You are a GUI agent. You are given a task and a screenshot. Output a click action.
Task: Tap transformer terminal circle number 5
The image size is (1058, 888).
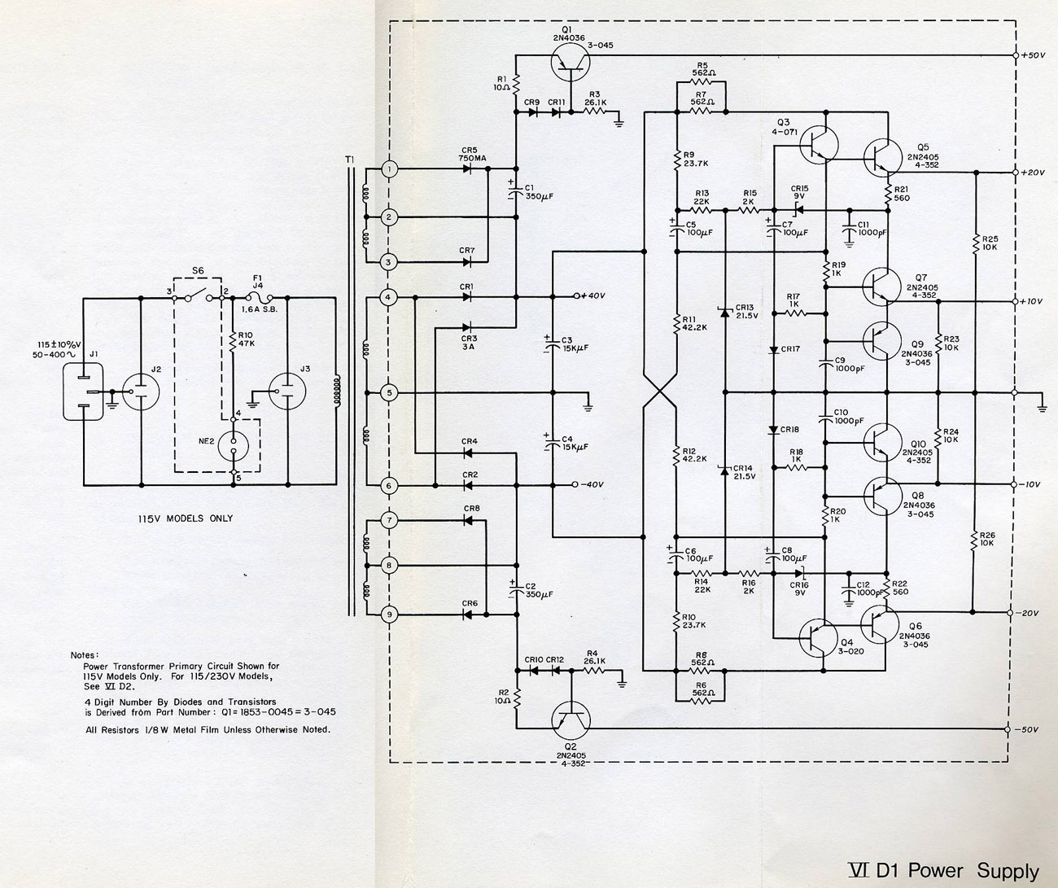point(390,393)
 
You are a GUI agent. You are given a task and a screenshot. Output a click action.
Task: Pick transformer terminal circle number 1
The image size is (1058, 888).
point(390,169)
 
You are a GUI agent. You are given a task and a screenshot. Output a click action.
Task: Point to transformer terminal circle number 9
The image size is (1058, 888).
point(390,615)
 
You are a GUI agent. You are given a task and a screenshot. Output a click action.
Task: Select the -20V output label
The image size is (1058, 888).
point(1028,613)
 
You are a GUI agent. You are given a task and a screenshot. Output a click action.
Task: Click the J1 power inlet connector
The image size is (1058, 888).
point(84,392)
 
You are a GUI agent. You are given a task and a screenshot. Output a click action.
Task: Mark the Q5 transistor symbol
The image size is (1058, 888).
point(883,157)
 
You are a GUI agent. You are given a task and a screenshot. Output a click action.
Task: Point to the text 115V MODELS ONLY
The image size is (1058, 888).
point(186,518)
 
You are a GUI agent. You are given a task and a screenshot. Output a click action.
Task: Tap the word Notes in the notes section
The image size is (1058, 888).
point(85,654)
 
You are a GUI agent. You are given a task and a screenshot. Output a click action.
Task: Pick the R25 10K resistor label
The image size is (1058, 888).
point(990,243)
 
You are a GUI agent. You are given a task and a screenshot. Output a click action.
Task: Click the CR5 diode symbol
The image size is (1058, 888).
point(468,169)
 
